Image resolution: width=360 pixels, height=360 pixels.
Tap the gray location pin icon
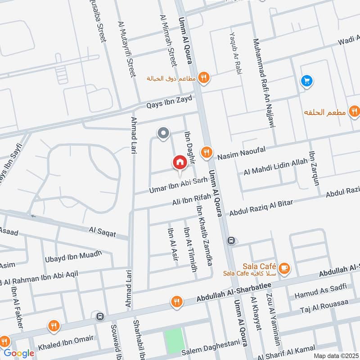tap(163, 133)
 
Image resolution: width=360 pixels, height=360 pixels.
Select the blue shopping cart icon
tap(307, 81)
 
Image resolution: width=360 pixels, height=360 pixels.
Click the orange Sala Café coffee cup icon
tap(283, 269)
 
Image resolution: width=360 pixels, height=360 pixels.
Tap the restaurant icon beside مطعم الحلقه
tap(355, 111)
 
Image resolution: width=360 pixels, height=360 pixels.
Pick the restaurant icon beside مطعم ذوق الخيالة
tap(204, 78)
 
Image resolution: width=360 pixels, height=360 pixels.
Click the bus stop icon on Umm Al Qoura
tap(231, 241)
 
